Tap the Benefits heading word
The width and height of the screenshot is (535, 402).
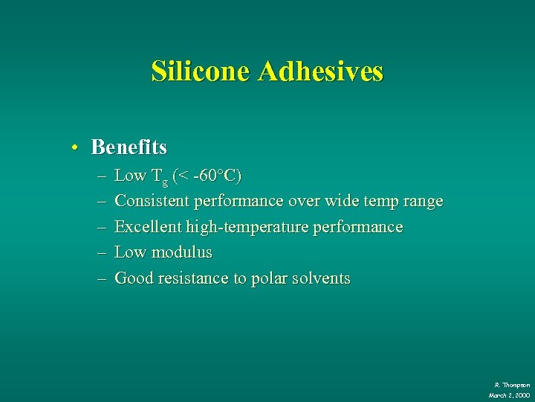129,147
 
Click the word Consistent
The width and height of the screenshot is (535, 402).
153,201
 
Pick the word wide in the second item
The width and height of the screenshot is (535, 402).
343,201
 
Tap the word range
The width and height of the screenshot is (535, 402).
421,202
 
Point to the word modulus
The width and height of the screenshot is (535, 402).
181,252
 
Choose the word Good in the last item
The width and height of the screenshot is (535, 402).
133,278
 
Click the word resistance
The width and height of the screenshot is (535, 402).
192,278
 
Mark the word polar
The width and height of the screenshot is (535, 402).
272,278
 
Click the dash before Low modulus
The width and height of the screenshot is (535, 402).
100,253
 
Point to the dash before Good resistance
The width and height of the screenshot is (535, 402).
100,279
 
